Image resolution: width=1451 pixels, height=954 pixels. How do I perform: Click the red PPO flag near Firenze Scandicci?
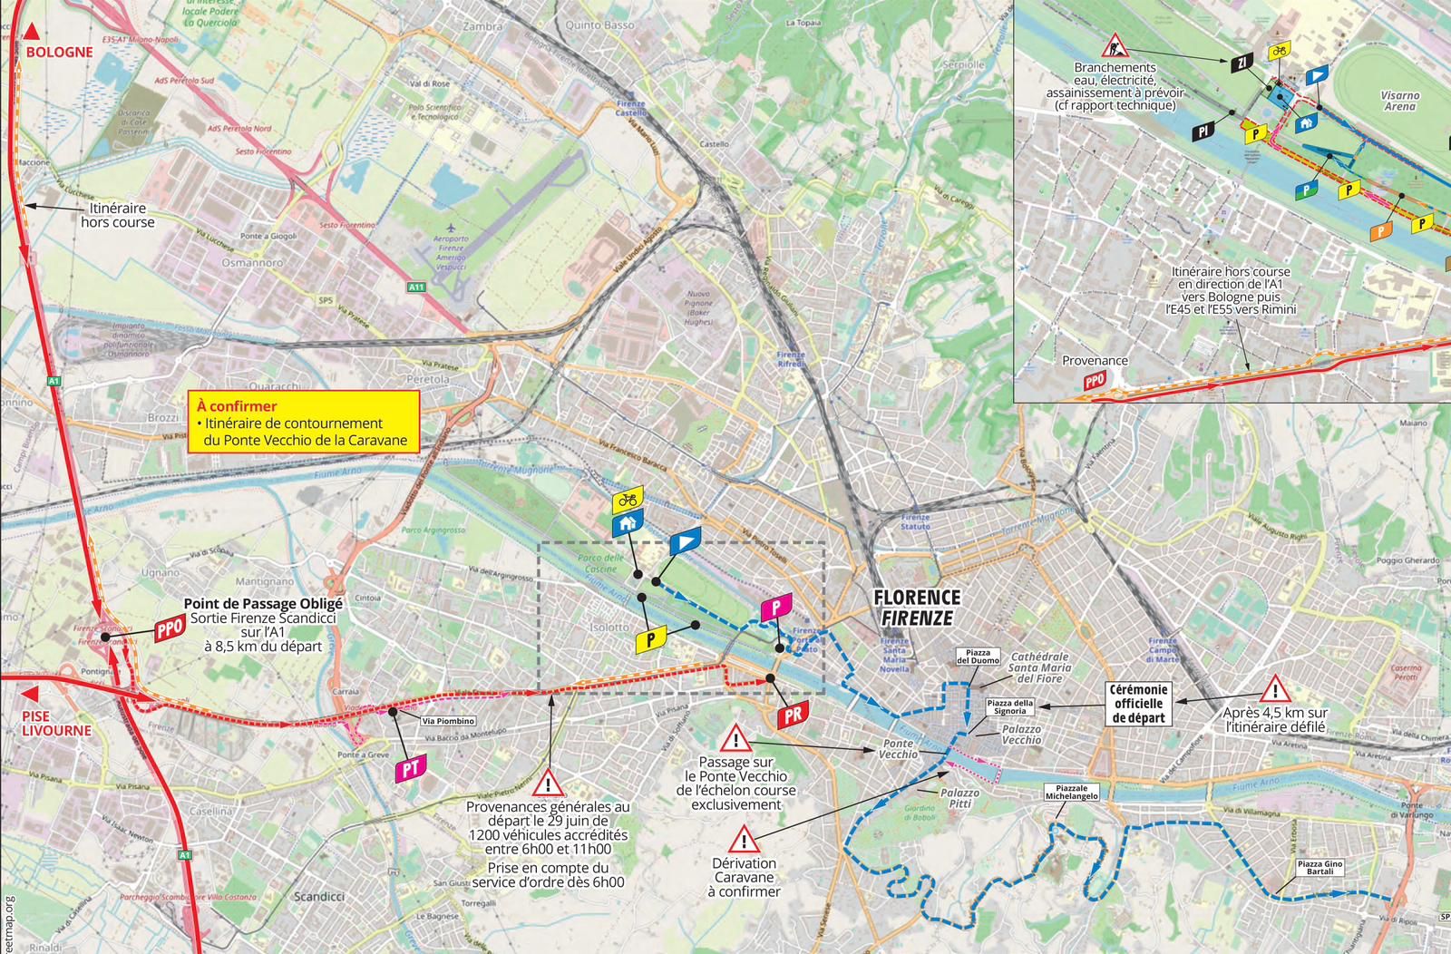169,630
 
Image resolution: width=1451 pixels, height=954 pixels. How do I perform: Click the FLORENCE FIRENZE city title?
916,608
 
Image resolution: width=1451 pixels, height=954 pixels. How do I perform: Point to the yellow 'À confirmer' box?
304,423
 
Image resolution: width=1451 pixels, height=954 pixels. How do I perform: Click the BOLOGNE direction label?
59,52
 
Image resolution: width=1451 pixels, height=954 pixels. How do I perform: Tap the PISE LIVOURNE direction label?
56,723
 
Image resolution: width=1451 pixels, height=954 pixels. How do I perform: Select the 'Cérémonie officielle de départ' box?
1138,704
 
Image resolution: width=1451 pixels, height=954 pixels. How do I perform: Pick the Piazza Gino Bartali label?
1320,868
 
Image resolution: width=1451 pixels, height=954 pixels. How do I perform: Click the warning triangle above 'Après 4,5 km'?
1274,689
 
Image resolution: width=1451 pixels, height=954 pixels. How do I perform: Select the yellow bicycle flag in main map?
627,499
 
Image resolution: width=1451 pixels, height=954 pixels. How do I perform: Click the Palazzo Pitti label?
959,798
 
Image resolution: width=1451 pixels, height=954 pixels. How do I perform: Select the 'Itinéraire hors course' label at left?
118,216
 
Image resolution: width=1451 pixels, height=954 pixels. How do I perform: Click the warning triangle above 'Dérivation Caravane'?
744,838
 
